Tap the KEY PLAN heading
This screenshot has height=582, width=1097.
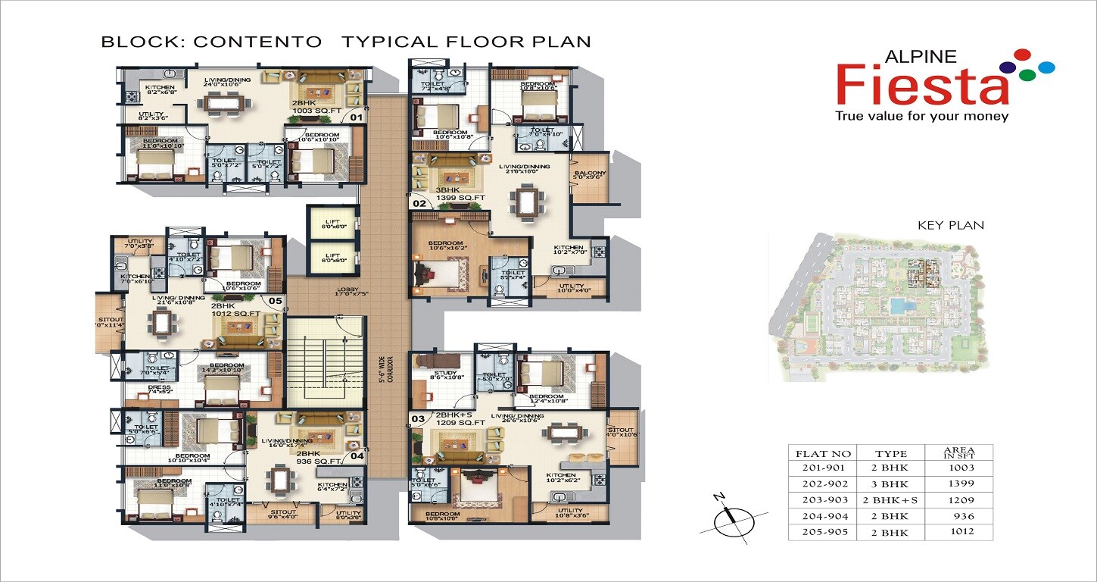pyautogui.click(x=950, y=225)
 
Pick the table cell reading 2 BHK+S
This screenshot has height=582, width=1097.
pyautogui.click(x=885, y=500)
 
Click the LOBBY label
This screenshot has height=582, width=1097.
pyautogui.click(x=349, y=289)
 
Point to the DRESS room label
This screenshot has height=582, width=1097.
pyautogui.click(x=160, y=388)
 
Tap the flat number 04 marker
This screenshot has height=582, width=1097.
pyautogui.click(x=357, y=456)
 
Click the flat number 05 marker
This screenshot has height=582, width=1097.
pyautogui.click(x=275, y=301)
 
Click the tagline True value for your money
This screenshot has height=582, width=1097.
pyautogui.click(x=921, y=117)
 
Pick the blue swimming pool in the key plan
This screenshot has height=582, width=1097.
pyautogui.click(x=897, y=306)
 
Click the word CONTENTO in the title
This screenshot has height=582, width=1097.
pyautogui.click(x=257, y=42)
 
